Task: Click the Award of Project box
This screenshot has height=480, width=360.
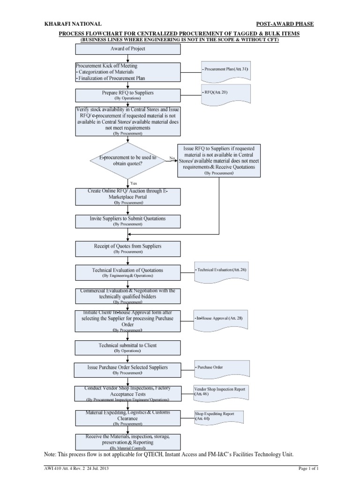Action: tap(127, 49)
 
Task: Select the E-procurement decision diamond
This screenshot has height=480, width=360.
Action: tap(127, 161)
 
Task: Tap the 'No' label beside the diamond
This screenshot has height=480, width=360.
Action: tap(172, 158)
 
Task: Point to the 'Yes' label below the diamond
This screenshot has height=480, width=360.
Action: tap(134, 183)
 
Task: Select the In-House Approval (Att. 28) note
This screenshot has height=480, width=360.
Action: tap(222, 319)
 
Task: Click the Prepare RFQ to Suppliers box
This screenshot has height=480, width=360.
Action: tap(127, 95)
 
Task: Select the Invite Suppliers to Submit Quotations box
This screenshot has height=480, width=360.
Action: tap(127, 221)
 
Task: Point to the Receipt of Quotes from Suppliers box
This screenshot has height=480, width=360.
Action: tap(127, 248)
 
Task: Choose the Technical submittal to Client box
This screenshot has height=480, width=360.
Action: tap(127, 347)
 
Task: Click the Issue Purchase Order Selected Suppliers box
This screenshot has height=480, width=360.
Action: tap(127, 369)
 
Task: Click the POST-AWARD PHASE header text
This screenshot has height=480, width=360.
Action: tap(285, 23)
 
